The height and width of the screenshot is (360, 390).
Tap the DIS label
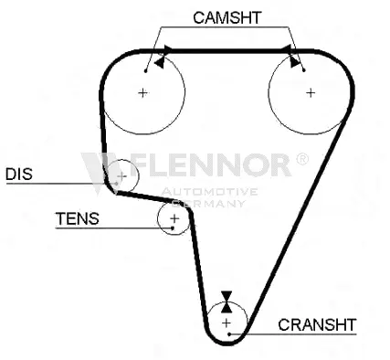coord(19,174)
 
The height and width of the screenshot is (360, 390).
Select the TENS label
coord(77,219)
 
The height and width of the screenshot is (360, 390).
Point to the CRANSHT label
coord(316,323)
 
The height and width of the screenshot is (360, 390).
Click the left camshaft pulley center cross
coord(143,91)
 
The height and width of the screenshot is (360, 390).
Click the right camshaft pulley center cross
coord(310,91)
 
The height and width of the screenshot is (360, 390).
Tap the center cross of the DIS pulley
coord(121,175)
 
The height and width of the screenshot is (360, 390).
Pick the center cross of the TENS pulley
coord(174,218)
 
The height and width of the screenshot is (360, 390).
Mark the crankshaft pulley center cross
coord(227,322)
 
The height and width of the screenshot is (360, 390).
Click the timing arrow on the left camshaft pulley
coord(161,62)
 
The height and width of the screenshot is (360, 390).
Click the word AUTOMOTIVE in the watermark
coord(209,192)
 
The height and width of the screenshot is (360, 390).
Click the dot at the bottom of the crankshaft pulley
coord(229,336)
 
